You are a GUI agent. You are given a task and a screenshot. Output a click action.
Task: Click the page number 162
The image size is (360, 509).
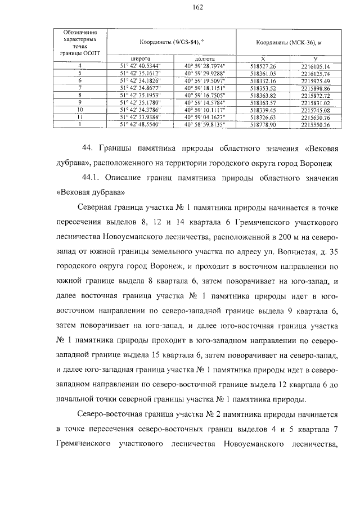[x=180, y=7]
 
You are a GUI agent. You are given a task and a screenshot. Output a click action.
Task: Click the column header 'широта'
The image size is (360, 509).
[x=139, y=58]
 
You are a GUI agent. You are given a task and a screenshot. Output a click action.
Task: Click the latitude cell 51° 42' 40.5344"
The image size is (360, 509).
[x=139, y=66]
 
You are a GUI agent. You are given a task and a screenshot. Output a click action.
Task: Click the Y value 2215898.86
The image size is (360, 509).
[x=315, y=88]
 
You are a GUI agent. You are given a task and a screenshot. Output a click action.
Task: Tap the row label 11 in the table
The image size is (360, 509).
[x=80, y=117]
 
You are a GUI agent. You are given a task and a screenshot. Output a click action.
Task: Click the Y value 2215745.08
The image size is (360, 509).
[x=315, y=110]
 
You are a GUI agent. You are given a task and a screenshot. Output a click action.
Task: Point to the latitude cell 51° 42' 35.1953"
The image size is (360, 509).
[x=139, y=96]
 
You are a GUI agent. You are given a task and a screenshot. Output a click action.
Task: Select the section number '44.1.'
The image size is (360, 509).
[x=91, y=178]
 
